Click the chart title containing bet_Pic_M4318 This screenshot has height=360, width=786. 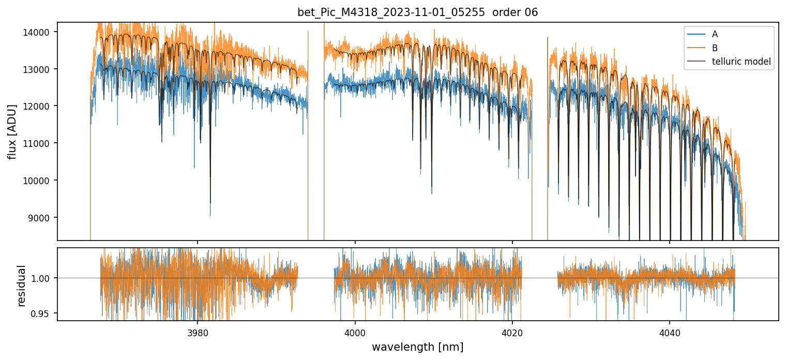tap(417, 12)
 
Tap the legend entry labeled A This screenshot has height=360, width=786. tap(715, 34)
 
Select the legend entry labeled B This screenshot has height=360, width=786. tap(715, 48)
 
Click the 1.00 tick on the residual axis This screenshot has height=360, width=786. tap(44, 278)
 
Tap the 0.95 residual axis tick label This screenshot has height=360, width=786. tap(44, 313)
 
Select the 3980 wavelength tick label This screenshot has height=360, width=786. tap(198, 333)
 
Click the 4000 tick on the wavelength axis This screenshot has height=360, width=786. tap(355, 333)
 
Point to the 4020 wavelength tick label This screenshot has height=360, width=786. tap(512, 333)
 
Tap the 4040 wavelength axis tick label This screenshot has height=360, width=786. tap(670, 333)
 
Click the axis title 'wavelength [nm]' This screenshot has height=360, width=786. tap(417, 347)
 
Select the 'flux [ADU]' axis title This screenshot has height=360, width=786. tap(12, 131)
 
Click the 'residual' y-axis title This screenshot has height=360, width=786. tap(21, 285)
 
